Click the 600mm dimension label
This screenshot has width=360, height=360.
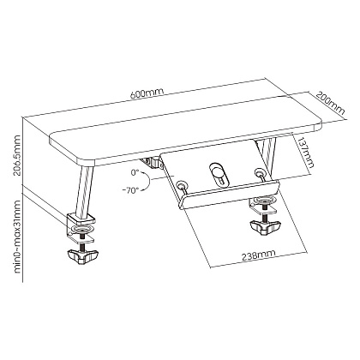[x=147, y=93]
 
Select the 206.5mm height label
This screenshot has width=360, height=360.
[x=17, y=156]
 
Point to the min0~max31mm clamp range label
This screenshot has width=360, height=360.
[x=17, y=237]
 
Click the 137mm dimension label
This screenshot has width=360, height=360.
[x=305, y=153]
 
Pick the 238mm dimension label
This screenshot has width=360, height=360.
[x=259, y=255]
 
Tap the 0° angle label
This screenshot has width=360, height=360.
[x=135, y=172]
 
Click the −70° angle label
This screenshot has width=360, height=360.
[x=130, y=191]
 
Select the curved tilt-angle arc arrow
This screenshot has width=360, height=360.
[x=148, y=181]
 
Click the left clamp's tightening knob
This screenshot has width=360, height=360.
[x=82, y=255]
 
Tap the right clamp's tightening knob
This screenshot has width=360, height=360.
[x=264, y=227]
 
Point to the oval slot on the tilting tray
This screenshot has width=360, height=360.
[x=219, y=175]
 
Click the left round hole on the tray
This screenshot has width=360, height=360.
[x=181, y=186]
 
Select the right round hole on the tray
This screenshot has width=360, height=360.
[x=260, y=172]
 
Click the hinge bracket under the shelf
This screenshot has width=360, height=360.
[x=152, y=163]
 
